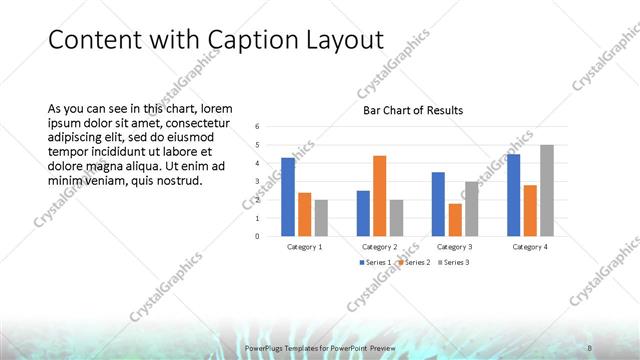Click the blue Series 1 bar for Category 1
[x=288, y=197]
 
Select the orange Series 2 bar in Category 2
[x=379, y=196]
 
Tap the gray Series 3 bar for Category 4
[x=546, y=190]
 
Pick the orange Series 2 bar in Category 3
[x=455, y=220]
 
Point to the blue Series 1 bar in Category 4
[x=513, y=195]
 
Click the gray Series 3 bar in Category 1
[x=321, y=218]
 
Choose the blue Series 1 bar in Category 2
[x=363, y=213]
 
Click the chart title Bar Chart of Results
[x=412, y=111]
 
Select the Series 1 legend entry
[x=375, y=262]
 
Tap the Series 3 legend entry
[x=452, y=262]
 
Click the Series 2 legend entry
[x=413, y=262]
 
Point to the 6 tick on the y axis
[x=257, y=127]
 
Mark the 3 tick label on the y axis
[x=257, y=182]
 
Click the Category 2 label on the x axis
[x=379, y=246]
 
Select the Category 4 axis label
[x=529, y=246]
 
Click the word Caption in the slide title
[x=254, y=40]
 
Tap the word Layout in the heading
[x=346, y=40]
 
